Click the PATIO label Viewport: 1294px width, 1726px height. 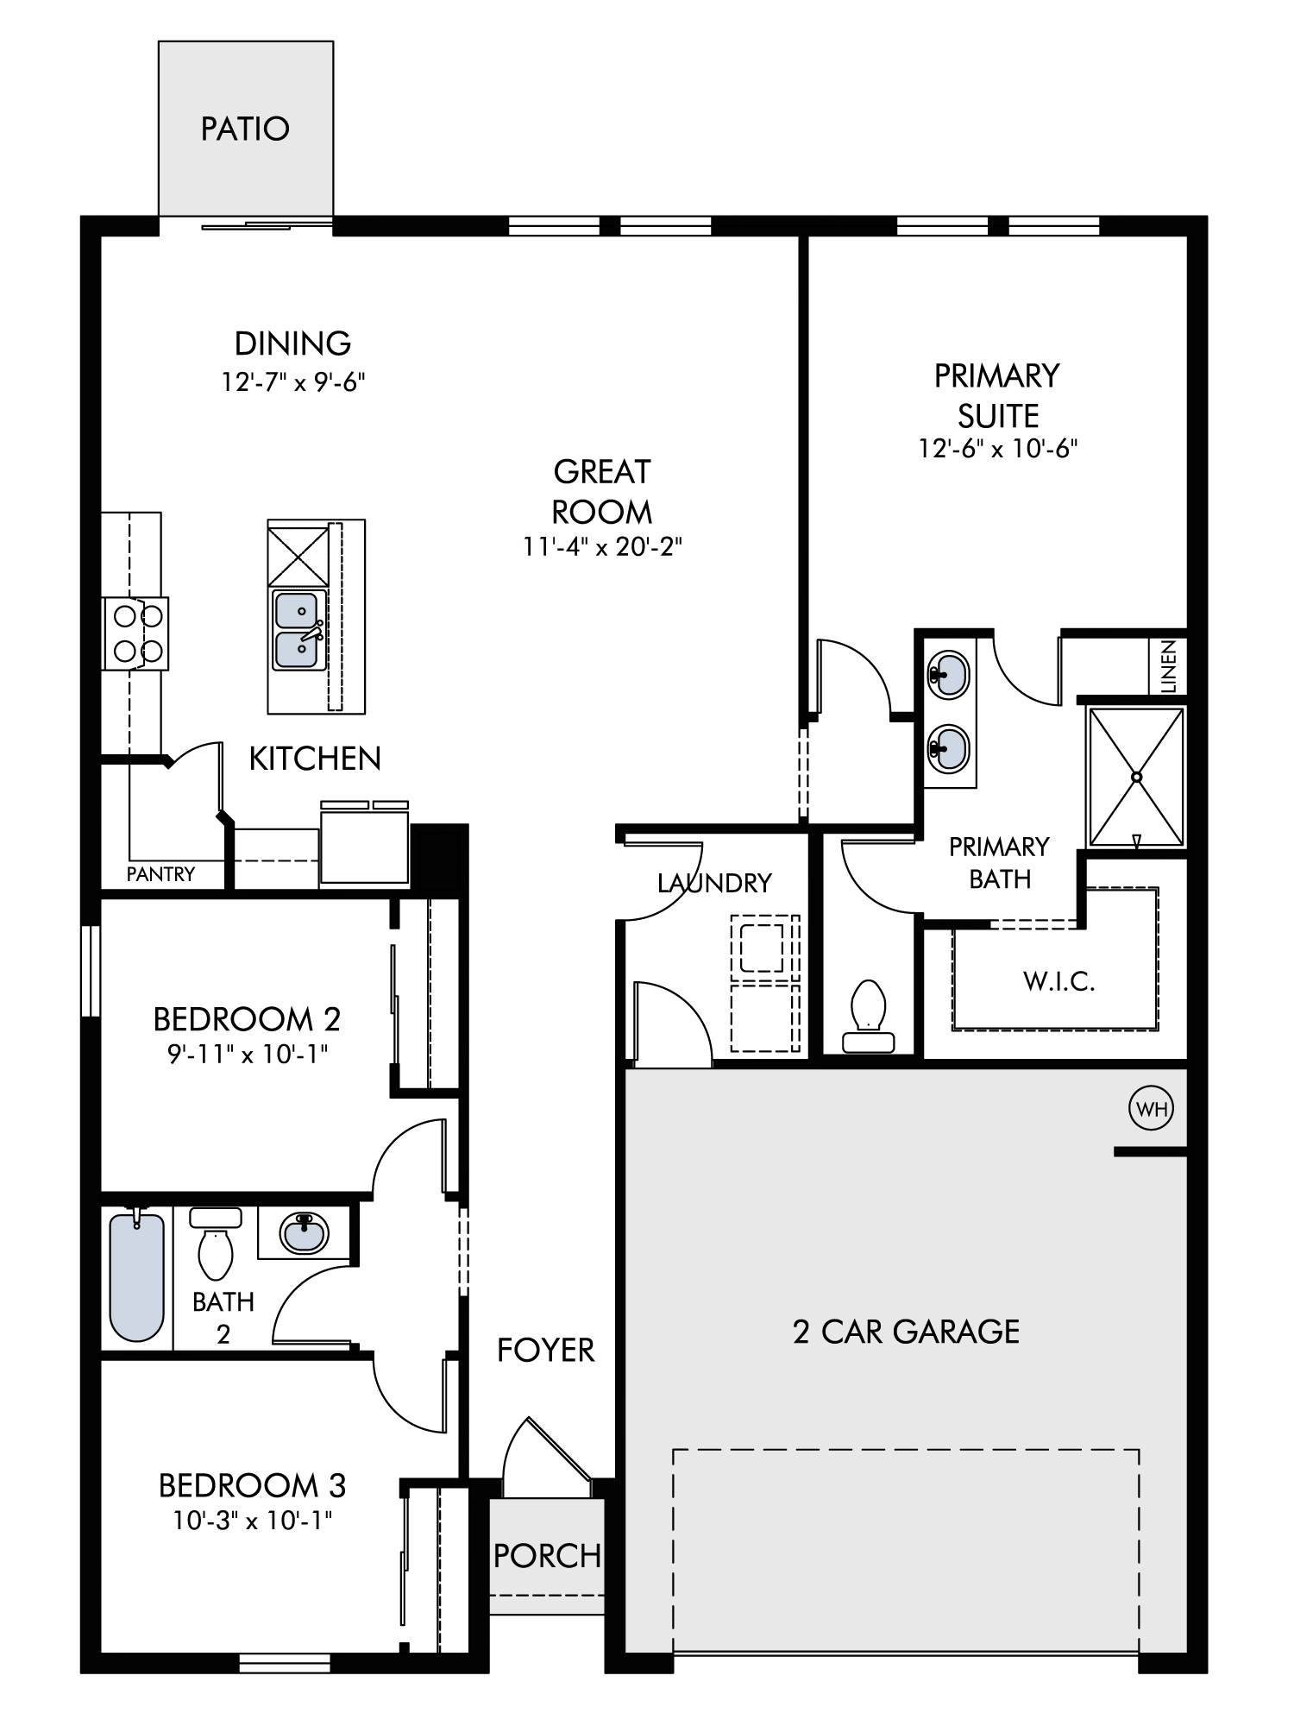click(245, 129)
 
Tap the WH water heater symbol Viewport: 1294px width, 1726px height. click(1152, 1109)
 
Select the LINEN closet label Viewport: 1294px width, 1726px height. click(1169, 666)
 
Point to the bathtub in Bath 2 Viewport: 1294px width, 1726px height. click(137, 1276)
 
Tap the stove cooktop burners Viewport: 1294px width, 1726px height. click(136, 633)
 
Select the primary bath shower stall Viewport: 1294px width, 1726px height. click(1136, 777)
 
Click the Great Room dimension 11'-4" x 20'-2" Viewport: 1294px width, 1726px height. click(602, 547)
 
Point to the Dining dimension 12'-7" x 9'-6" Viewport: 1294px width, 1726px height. click(293, 381)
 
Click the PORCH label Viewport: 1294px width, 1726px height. click(547, 1556)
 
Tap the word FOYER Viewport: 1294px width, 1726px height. click(546, 1350)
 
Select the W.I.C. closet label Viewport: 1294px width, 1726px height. click(1059, 981)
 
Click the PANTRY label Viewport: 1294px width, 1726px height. click(160, 874)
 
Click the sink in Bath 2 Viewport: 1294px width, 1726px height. click(304, 1232)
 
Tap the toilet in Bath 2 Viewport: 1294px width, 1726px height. click(216, 1244)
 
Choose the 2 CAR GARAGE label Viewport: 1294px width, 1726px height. click(906, 1332)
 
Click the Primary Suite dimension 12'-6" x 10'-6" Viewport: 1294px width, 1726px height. click(998, 449)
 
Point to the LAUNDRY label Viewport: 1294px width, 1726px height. click(714, 883)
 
